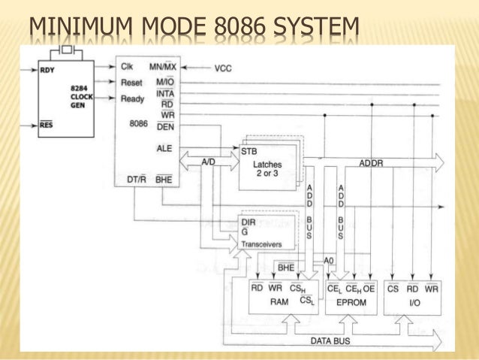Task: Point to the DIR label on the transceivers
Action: click(x=249, y=222)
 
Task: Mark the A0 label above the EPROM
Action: click(x=328, y=259)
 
